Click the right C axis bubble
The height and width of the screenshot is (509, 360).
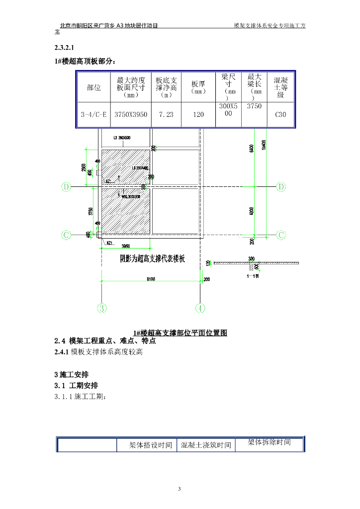[281, 235]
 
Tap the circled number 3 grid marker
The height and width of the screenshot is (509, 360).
[102, 309]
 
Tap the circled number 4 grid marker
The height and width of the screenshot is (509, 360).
[200, 309]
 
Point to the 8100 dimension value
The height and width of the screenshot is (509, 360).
[151, 279]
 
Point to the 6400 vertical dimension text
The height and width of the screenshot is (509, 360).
[252, 148]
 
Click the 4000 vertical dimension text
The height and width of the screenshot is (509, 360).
[252, 211]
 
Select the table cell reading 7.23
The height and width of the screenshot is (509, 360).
[166, 115]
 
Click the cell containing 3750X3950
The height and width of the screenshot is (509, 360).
[131, 115]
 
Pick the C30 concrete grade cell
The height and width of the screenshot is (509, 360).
[280, 115]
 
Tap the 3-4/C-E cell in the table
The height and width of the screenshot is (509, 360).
[94, 115]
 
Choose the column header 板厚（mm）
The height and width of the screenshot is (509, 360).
[198, 87]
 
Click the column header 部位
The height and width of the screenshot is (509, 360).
[94, 87]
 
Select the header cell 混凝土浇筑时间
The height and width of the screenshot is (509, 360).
[206, 445]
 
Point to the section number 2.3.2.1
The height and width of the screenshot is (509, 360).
[64, 48]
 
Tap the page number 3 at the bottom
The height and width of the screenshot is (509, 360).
[180, 490]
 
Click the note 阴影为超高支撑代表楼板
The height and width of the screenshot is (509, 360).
[152, 258]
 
